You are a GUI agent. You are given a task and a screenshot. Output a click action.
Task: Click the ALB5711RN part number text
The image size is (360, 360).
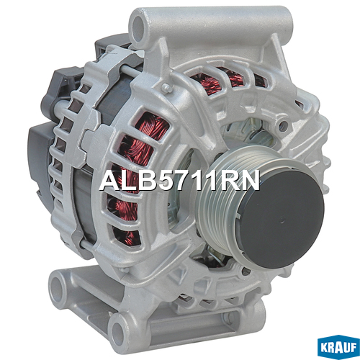pyautogui.click(x=179, y=181)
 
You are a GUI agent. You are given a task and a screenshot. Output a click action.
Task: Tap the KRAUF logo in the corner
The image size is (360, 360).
pyautogui.click(x=338, y=348)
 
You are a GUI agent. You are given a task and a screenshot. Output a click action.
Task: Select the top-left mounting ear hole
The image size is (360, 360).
pyautogui.click(x=138, y=25)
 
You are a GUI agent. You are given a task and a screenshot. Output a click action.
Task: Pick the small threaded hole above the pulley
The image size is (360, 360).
pyautogui.click(x=284, y=124)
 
